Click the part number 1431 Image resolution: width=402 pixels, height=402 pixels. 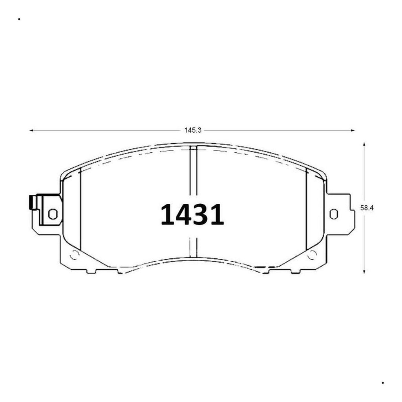[192, 215]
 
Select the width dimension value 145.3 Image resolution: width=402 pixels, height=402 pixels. [193, 130]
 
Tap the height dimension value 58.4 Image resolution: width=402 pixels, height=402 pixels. [367, 208]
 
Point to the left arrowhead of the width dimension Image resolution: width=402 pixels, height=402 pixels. [31, 130]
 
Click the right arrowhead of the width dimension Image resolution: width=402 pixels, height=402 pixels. [353, 130]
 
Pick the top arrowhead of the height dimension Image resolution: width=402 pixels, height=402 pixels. [364, 144]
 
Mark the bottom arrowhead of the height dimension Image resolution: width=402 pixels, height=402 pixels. [364, 272]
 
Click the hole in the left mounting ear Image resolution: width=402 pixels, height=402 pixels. [53, 214]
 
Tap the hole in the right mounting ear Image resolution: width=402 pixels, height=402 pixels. [334, 214]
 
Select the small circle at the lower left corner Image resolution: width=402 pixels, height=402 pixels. [74, 255]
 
